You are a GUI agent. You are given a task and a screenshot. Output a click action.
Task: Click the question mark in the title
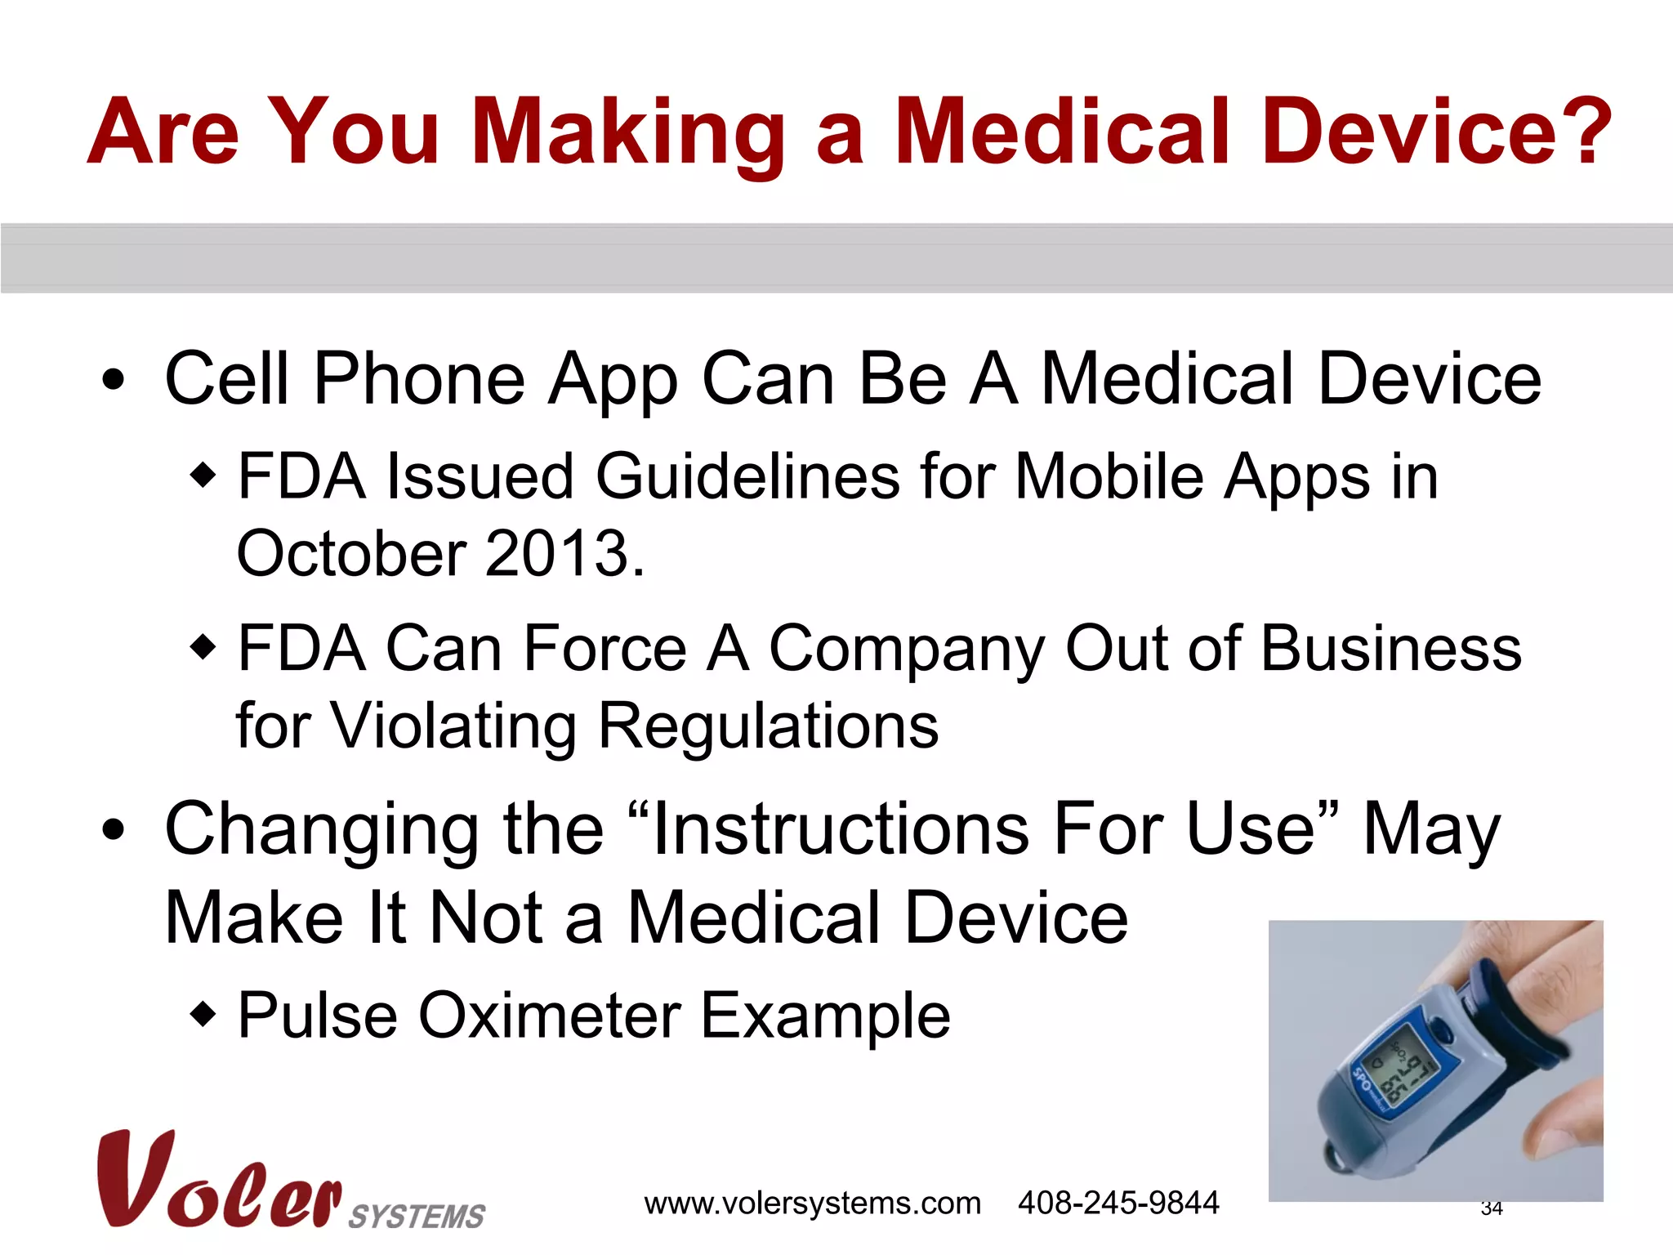click(x=1580, y=131)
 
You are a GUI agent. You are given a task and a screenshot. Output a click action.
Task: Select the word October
click(x=351, y=553)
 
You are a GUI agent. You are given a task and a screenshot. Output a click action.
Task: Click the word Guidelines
click(x=747, y=476)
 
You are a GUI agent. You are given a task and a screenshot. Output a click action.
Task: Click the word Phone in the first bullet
click(x=419, y=378)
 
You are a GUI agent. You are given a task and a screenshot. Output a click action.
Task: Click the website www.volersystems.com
click(x=812, y=1204)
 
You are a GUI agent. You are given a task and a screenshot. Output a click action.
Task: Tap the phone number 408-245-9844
click(x=1118, y=1203)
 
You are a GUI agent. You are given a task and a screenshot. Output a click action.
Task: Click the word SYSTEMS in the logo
click(x=417, y=1216)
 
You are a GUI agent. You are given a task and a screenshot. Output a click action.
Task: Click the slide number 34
click(x=1492, y=1208)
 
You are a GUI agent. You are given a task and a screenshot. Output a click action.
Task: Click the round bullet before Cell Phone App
click(x=114, y=380)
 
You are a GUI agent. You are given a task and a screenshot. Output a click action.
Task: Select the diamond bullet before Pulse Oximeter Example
click(x=203, y=1016)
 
